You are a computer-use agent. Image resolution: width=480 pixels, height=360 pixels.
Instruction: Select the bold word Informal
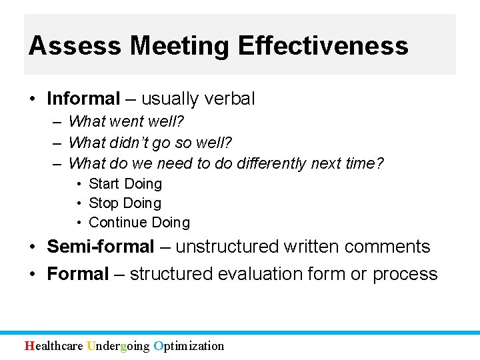83,99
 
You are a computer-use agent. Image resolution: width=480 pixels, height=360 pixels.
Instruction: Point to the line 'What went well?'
127,122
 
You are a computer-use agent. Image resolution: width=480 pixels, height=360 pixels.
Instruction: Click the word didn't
135,143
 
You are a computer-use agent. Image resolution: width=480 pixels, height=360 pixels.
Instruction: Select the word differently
273,163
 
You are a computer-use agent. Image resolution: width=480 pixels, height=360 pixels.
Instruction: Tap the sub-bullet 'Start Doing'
125,183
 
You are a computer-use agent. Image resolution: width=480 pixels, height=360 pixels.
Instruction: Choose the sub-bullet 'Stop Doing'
125,203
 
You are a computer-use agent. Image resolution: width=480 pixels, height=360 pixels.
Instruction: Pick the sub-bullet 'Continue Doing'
139,222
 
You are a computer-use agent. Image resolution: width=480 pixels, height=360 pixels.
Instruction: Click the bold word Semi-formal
101,247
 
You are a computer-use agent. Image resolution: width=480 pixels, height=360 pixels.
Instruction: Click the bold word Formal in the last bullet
78,274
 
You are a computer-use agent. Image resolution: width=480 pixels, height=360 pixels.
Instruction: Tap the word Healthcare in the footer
54,345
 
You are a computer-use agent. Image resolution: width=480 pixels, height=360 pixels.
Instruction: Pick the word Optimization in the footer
189,345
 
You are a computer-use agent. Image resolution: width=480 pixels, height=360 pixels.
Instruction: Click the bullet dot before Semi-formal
33,247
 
